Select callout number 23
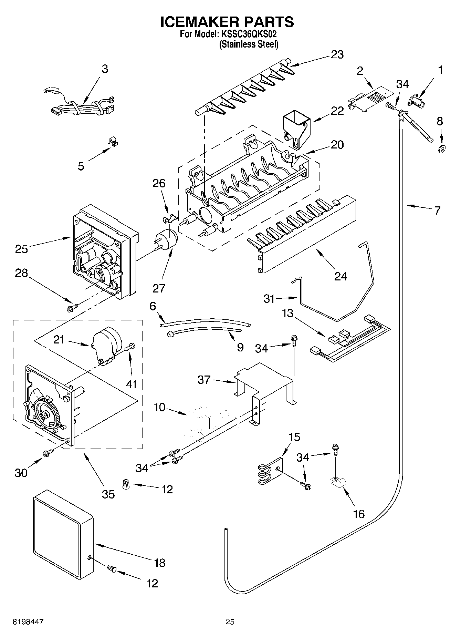pos(337,55)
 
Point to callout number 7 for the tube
pos(437,210)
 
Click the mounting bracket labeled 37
pos(265,382)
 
